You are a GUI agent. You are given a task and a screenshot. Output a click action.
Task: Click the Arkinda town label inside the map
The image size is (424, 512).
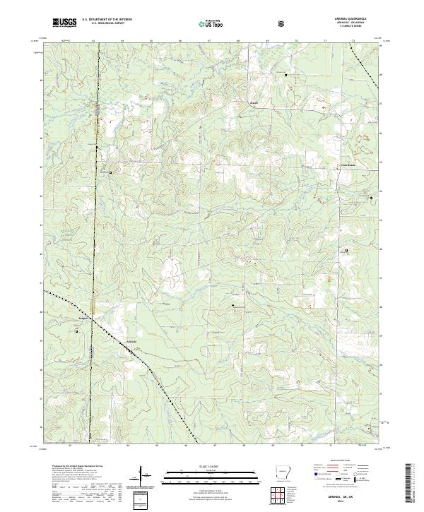click(131, 342)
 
